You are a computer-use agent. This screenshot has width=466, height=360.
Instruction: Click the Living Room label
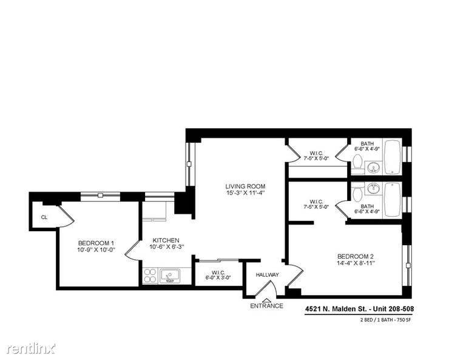tap(245, 186)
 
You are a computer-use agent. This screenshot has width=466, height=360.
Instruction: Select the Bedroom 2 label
tap(356, 256)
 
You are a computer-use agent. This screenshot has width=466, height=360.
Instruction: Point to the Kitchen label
tap(166, 240)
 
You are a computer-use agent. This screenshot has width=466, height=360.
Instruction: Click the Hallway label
tap(268, 274)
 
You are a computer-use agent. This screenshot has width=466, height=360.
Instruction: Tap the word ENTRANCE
tap(266, 305)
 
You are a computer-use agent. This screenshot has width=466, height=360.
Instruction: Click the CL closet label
tap(44, 217)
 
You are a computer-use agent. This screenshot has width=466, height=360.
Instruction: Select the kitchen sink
tap(170, 276)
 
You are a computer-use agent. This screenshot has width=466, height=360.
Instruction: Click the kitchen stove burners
tap(150, 276)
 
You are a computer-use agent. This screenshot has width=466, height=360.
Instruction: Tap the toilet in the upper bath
tap(357, 165)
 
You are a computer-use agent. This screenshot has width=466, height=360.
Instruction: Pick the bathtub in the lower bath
tap(393, 200)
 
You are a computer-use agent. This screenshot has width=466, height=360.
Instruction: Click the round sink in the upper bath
tap(373, 169)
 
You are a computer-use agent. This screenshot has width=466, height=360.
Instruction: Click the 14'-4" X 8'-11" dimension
tap(356, 263)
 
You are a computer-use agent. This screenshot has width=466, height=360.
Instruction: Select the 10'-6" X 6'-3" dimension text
tap(167, 246)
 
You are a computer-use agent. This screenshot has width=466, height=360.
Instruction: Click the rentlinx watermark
tap(31, 348)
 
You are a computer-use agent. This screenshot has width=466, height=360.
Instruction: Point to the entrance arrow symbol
tap(266, 301)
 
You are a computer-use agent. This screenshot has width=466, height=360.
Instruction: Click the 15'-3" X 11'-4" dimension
tap(246, 193)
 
